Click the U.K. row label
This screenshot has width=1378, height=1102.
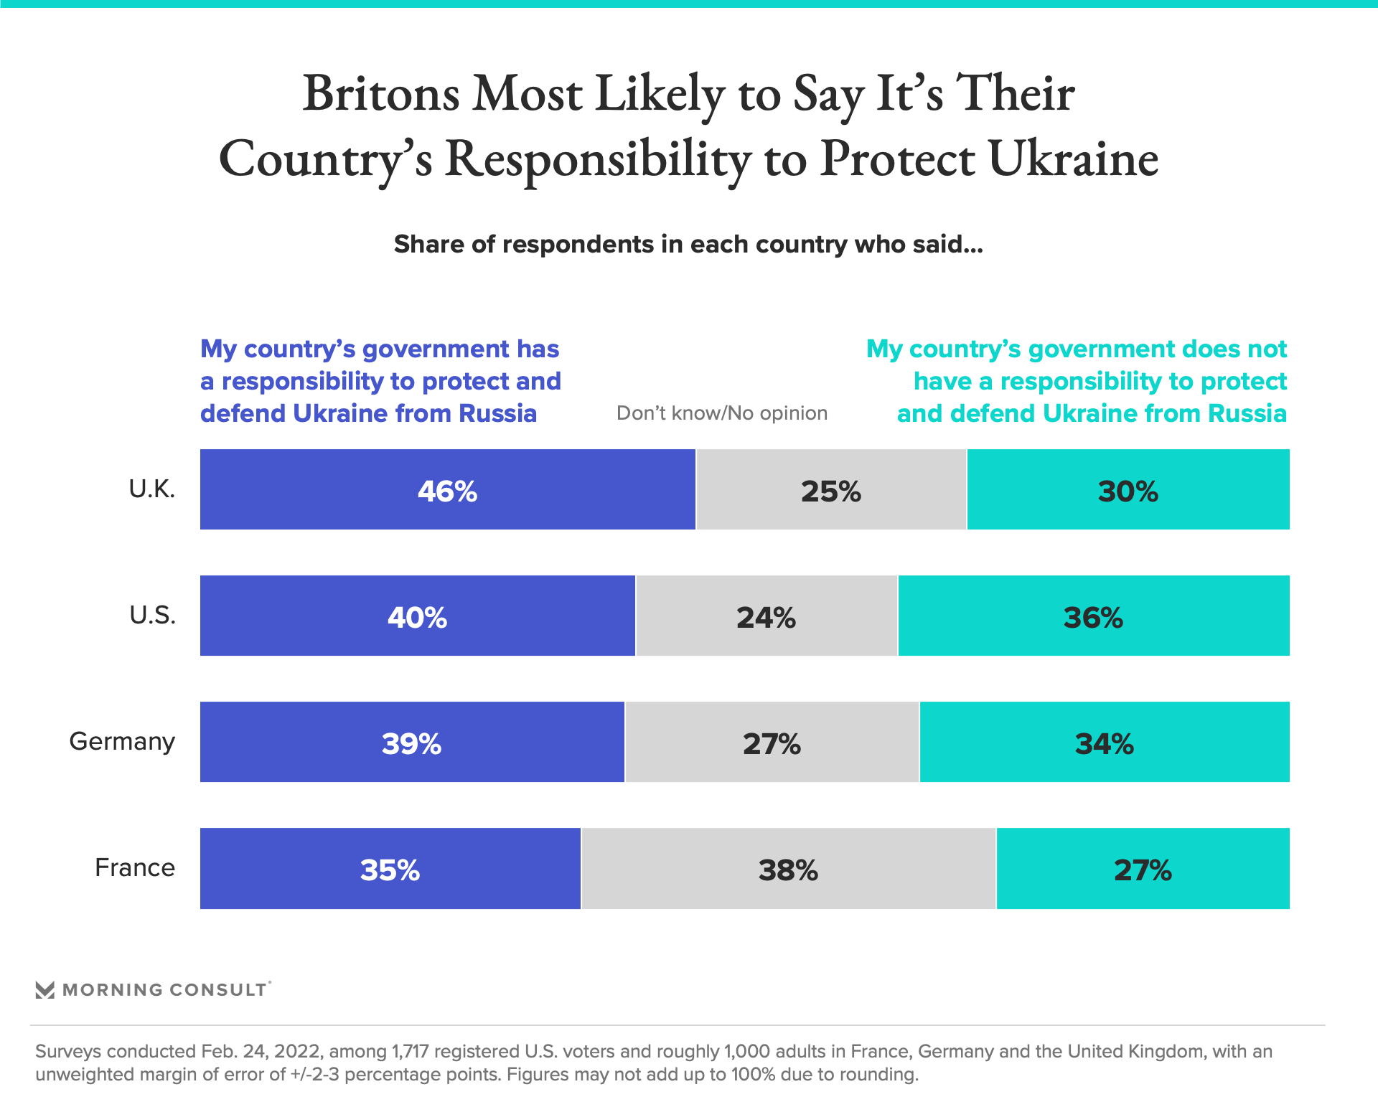tap(152, 489)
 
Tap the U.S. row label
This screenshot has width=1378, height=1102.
tap(153, 616)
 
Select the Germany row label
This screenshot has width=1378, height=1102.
tap(122, 742)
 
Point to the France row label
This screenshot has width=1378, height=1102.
tap(135, 868)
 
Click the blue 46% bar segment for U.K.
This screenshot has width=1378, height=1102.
tap(447, 490)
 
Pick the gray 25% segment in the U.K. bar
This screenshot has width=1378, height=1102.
tap(831, 490)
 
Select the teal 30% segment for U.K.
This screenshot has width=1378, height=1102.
tap(1128, 490)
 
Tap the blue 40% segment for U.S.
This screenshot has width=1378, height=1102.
tap(417, 616)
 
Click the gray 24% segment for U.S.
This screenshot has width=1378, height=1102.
tap(767, 616)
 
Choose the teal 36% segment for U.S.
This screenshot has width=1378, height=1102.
tap(1093, 616)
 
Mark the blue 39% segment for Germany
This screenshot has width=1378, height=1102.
tap(412, 743)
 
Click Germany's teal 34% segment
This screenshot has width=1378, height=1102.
tap(1105, 743)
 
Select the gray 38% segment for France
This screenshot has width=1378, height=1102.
tap(788, 869)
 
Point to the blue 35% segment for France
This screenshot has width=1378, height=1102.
tap(390, 869)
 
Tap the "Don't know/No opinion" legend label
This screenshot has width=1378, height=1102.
tap(722, 413)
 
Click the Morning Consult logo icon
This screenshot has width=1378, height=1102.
tap(45, 990)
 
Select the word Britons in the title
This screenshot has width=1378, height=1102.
tap(381, 94)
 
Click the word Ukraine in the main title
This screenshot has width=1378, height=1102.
tap(1074, 159)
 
